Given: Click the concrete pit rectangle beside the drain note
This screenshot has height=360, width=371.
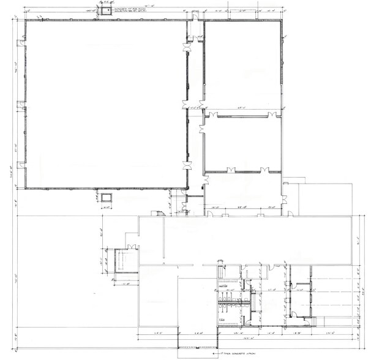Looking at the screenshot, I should pyautogui.click(x=107, y=11).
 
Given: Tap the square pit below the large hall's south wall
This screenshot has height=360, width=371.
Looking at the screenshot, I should pyautogui.click(x=107, y=198).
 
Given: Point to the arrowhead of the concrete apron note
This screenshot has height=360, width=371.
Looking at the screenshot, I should pyautogui.click(x=201, y=351).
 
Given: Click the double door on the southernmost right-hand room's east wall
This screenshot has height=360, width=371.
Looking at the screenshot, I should pyautogui.click(x=283, y=193).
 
